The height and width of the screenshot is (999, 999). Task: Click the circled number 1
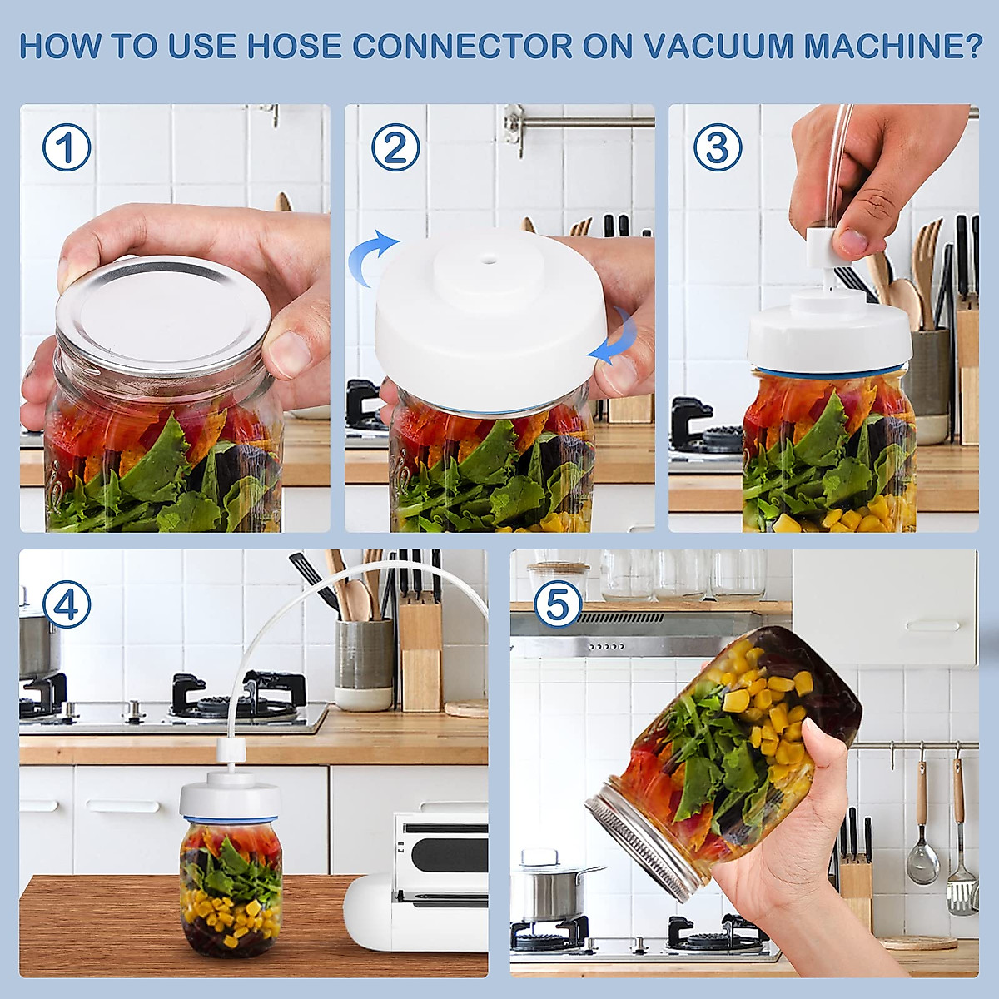tap(67, 148)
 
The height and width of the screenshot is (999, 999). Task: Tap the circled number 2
tap(395, 148)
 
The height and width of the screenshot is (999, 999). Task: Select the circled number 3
tap(718, 148)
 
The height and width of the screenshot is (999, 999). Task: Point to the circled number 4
tap(67, 605)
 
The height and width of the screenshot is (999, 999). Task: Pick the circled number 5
tap(558, 605)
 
